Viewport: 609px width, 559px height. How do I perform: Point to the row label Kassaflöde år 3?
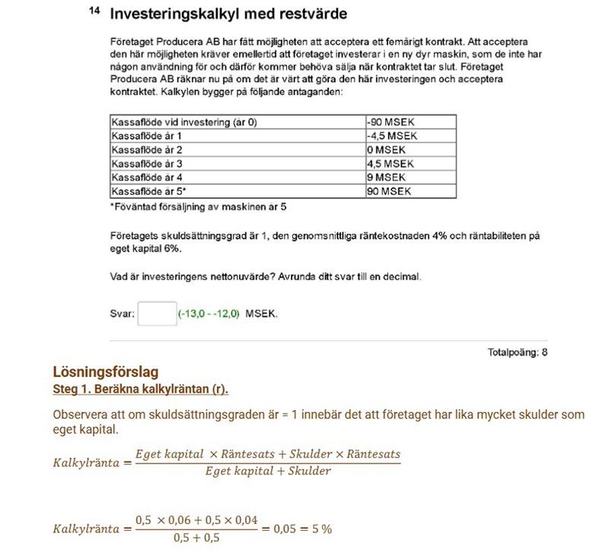(x=147, y=164)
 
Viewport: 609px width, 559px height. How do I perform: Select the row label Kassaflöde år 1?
(x=147, y=136)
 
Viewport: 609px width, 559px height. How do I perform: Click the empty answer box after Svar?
(x=157, y=314)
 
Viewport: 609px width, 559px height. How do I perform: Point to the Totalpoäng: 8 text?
(x=517, y=353)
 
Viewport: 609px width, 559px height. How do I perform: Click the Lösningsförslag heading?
(x=105, y=372)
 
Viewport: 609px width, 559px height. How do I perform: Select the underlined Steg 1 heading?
(x=140, y=389)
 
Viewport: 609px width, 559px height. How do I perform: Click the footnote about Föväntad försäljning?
(x=198, y=206)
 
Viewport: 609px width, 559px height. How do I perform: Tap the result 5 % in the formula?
(x=320, y=529)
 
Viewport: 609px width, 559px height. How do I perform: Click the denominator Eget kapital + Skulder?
(x=267, y=471)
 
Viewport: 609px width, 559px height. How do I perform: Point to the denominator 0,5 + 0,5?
(x=196, y=538)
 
